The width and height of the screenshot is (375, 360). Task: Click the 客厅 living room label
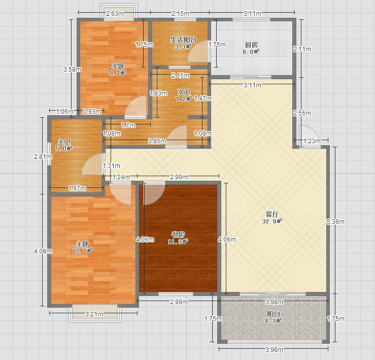(272, 214)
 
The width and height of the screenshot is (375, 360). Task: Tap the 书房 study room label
(178, 235)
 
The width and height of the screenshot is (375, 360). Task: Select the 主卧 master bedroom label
(83, 244)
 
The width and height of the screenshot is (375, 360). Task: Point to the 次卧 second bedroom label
(118, 66)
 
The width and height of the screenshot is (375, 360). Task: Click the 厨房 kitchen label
(251, 45)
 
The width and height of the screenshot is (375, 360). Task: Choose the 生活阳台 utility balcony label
(183, 40)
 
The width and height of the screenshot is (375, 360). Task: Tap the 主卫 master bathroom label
(64, 142)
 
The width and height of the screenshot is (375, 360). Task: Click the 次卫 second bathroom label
(184, 92)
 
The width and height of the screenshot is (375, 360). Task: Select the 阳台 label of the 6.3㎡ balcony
(274, 314)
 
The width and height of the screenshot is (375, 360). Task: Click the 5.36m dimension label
(335, 222)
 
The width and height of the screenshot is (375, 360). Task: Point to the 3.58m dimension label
(72, 70)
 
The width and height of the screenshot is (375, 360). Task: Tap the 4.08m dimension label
(43, 251)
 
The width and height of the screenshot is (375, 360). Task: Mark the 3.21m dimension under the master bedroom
(94, 314)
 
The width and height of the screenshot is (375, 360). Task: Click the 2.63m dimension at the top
(115, 13)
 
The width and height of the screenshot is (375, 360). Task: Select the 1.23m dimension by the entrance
(312, 141)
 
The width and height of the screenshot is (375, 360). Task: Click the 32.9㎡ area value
(272, 221)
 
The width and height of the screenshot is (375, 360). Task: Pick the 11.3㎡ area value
(178, 242)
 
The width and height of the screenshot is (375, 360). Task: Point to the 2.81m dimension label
(43, 157)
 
